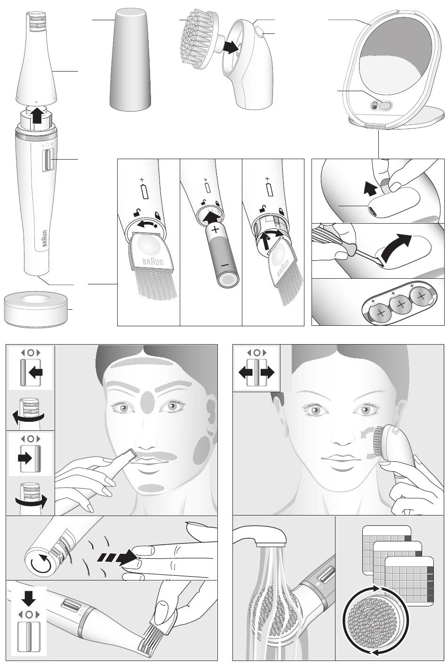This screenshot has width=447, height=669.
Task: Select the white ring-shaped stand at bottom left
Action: pos(36,309)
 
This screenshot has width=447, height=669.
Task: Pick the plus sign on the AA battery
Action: pos(216,229)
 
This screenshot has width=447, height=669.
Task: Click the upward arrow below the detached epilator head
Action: pos(37,115)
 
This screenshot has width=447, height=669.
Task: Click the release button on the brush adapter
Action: pos(260,32)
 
